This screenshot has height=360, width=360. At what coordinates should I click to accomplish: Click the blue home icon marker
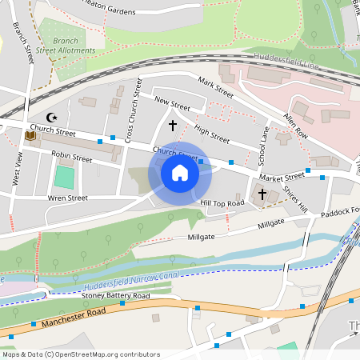tap(180, 173)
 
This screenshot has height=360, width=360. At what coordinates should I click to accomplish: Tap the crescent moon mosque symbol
tap(54, 117)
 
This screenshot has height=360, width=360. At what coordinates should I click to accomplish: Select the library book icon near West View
tap(30, 136)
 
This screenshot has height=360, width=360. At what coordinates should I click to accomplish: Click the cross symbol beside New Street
tap(172, 125)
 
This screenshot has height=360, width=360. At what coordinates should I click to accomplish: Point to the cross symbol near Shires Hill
tap(262, 194)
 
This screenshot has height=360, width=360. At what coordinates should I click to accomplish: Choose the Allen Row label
tap(295, 126)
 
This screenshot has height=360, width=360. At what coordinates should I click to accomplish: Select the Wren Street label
tap(67, 197)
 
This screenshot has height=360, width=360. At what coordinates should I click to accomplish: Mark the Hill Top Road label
tap(222, 204)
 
